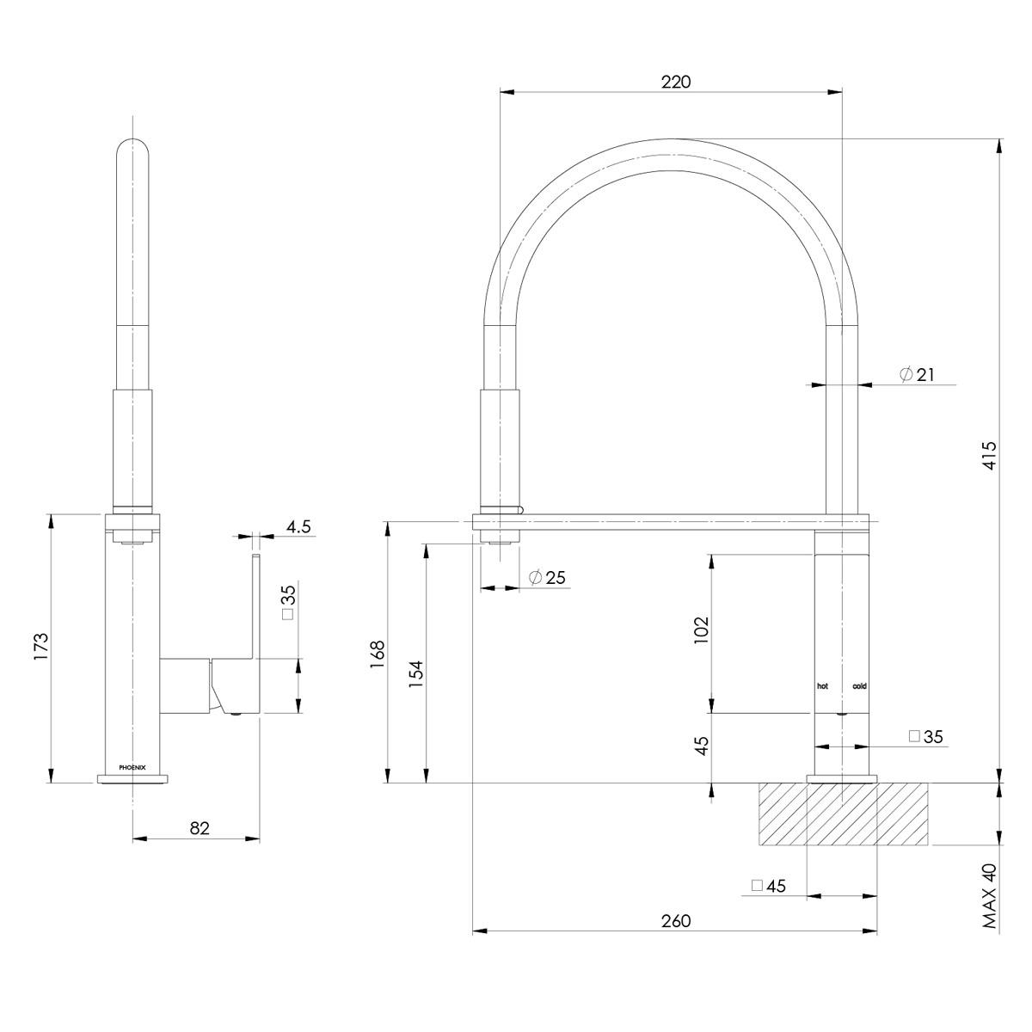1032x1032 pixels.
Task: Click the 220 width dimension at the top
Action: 676,82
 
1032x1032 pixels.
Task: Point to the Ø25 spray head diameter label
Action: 548,578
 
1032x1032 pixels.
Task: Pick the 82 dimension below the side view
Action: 200,828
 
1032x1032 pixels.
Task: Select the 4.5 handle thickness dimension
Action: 298,527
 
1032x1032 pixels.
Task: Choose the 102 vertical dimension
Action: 701,633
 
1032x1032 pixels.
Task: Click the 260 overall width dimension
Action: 676,921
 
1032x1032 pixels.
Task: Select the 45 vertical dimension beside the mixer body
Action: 701,746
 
